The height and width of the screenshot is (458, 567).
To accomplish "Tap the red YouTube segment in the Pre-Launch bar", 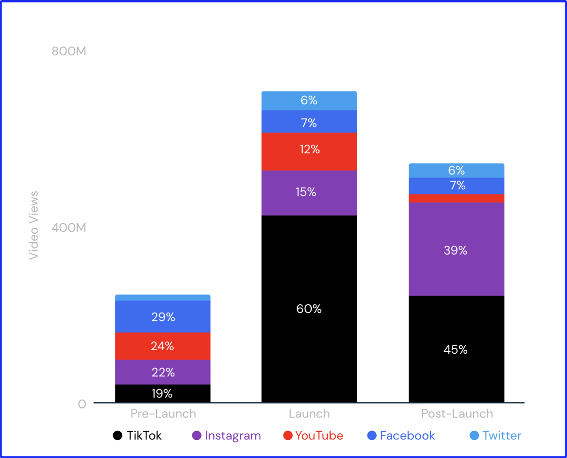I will point(163,346).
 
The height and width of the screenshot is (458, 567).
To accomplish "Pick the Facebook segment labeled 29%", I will point(163,317).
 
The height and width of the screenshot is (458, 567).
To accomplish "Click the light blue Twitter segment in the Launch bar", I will point(309,101).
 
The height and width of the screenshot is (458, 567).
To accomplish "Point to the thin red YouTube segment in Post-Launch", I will point(456,198).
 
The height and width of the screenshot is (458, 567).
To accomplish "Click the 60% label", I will point(309,309).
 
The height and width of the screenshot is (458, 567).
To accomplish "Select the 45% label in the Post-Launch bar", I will point(456,350).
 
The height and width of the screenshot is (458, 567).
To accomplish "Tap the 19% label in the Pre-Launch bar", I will point(162,393).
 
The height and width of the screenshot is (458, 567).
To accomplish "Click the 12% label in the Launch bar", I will point(309,149).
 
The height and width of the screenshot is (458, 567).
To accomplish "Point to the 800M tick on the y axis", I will point(69,51).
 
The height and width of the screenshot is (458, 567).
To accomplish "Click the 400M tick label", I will point(69,228).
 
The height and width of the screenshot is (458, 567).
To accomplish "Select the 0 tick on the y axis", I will point(82,404).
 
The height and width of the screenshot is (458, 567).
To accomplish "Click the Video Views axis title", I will point(34,225).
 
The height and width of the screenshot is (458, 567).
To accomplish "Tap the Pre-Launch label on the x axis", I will point(163,413).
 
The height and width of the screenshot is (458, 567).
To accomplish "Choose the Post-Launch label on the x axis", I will point(457,413).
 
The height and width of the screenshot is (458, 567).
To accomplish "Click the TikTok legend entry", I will point(138,436).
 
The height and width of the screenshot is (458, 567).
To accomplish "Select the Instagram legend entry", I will point(227,436).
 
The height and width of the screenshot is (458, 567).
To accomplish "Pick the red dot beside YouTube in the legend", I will point(288,436).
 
